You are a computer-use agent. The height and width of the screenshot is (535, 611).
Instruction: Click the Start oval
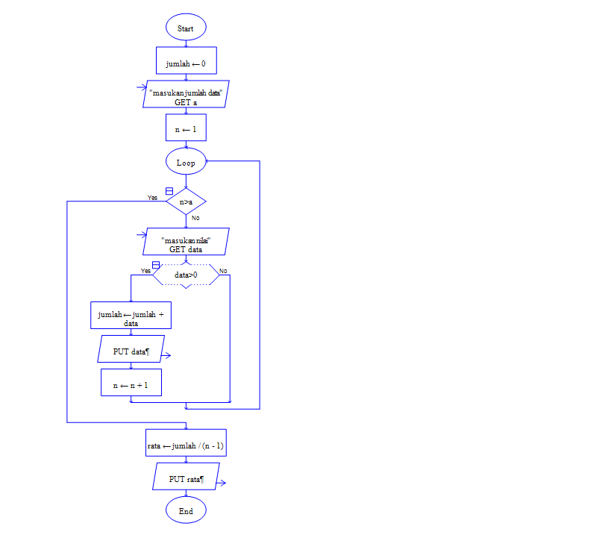(186, 28)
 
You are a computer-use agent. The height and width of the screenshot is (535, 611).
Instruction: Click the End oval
(186, 511)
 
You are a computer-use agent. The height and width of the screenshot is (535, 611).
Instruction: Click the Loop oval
(186, 162)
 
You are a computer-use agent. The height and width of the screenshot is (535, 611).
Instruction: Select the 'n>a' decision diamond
(186, 201)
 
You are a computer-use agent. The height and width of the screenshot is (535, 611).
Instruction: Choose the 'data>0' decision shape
(186, 275)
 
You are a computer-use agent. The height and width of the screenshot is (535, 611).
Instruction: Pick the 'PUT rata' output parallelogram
(186, 476)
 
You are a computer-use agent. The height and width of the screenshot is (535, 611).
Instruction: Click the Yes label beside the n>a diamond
(152, 198)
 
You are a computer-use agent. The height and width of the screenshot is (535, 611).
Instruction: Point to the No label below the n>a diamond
(195, 218)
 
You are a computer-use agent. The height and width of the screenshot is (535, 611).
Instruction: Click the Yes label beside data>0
(145, 271)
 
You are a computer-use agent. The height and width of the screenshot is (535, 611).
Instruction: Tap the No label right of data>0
(223, 270)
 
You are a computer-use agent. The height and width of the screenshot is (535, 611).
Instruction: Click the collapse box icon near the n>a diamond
(169, 191)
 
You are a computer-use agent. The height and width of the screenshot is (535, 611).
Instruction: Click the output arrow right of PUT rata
(222, 483)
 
